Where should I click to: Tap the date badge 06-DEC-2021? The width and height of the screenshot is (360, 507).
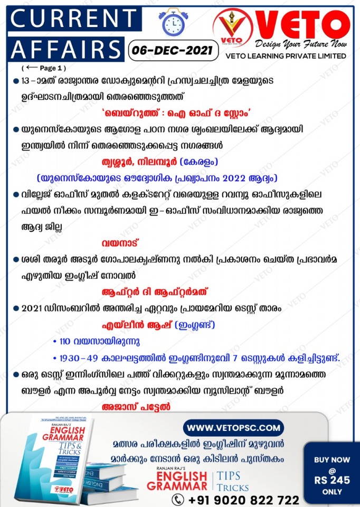(173, 51)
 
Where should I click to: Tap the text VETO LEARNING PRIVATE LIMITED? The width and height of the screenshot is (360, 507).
(286, 56)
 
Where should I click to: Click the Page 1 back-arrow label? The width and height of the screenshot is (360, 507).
(44, 68)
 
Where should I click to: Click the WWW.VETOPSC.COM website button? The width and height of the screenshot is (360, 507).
(233, 427)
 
